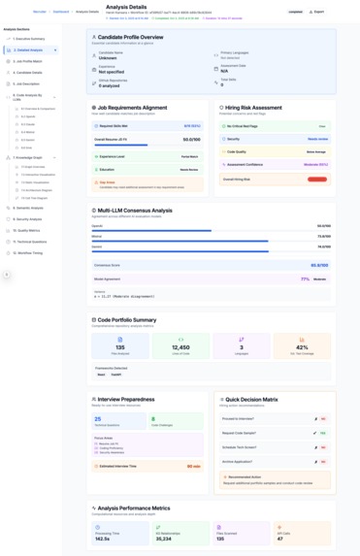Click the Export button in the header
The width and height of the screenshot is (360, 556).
[x=317, y=12]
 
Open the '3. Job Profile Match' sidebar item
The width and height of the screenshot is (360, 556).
[x=28, y=61]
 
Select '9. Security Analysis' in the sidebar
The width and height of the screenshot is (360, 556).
[x=29, y=219]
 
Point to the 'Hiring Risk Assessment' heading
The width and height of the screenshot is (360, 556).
[x=251, y=108]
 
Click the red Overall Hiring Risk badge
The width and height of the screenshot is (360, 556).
[x=316, y=180]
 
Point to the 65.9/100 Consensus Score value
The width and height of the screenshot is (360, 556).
[x=319, y=264]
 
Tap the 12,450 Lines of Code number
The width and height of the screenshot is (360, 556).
[x=180, y=347]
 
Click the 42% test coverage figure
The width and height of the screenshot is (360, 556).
[x=302, y=347]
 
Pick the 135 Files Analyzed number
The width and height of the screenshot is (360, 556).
[x=119, y=347]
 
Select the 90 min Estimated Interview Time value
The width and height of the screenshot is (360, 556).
[x=194, y=466]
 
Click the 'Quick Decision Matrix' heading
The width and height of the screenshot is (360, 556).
[x=255, y=399]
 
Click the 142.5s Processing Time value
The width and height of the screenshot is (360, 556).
[x=102, y=537]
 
